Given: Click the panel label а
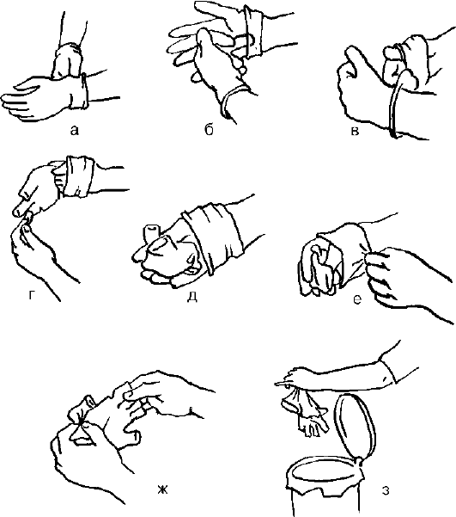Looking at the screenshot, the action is click(75, 131).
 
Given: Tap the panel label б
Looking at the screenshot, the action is click(209, 130).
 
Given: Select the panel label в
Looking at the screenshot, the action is click(355, 132).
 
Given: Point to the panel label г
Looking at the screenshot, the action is click(31, 296).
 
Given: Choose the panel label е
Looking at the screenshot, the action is click(357, 299).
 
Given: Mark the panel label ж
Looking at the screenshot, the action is click(162, 490).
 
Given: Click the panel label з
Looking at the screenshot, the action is click(386, 490).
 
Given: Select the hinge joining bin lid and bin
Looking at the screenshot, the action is click(360, 461).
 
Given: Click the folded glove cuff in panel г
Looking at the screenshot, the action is click(79, 176).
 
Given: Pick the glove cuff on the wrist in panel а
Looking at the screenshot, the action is click(79, 91).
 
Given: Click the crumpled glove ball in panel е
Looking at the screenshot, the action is click(319, 266).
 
